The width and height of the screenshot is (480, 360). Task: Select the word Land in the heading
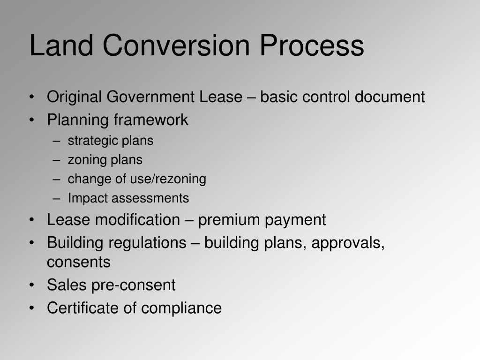point(63,46)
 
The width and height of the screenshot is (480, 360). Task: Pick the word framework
point(150,120)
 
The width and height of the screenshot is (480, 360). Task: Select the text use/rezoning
point(172,179)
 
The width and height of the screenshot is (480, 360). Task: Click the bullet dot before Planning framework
point(31,120)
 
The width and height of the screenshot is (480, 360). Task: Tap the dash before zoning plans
point(57,160)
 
